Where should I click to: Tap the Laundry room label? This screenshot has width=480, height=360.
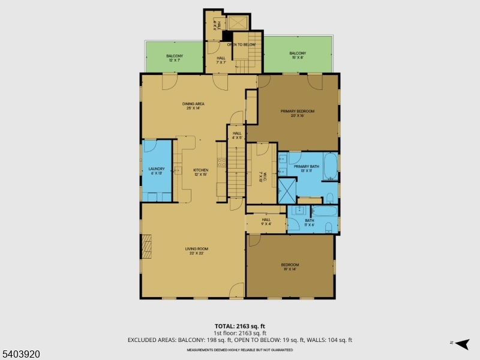tap(157, 171)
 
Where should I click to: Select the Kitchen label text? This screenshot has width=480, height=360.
tap(200, 172)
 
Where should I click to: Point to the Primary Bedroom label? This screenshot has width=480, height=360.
tap(298, 113)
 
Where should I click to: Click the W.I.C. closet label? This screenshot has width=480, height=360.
tap(261, 175)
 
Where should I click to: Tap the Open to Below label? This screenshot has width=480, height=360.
tap(241, 45)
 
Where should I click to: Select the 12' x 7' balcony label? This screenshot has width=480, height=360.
tap(175, 58)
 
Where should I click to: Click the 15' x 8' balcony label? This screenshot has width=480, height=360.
tap(298, 55)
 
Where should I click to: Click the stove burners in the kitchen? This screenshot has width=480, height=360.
tap(221, 161)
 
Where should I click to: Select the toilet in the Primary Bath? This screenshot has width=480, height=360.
tap(329, 197)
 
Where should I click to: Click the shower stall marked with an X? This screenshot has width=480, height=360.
tap(287, 188)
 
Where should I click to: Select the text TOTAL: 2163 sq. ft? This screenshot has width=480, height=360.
tap(240, 326)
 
